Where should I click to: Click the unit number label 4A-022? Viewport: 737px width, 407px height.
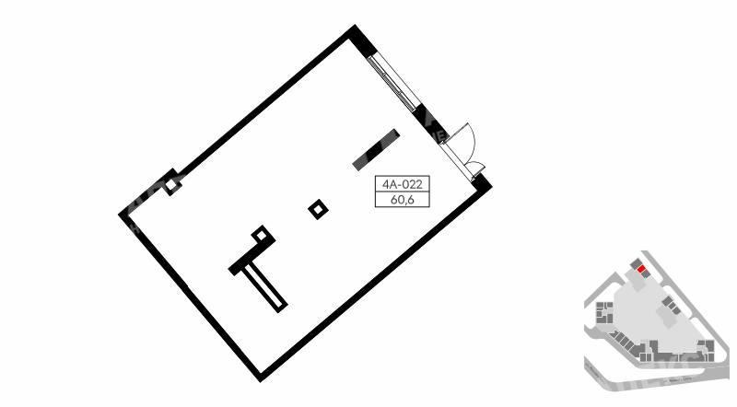click(403, 184)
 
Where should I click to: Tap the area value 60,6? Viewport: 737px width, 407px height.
click(403, 200)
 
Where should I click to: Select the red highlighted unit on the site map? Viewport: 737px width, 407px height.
click(641, 269)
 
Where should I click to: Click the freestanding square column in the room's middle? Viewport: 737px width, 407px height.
click(318, 209)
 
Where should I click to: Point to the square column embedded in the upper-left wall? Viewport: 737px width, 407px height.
click(172, 185)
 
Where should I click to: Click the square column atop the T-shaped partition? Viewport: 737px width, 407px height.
click(261, 235)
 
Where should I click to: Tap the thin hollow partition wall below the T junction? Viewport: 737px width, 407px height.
click(264, 287)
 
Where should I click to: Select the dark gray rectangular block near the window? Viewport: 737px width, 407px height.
click(376, 149)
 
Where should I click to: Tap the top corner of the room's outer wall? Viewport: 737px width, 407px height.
click(355, 25)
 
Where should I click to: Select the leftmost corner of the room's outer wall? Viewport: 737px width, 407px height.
click(119, 215)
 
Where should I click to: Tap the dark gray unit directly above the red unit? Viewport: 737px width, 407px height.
click(636, 263)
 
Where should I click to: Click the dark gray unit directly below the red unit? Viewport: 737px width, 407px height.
click(648, 274)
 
